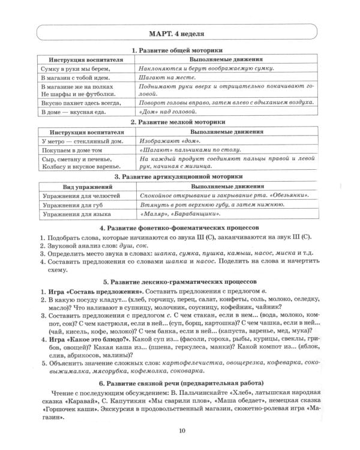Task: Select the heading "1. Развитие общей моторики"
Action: click(x=179, y=52)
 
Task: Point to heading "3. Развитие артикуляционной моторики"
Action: click(x=179, y=177)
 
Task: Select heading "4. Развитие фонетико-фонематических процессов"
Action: click(x=179, y=228)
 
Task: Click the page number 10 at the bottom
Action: click(x=181, y=428)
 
